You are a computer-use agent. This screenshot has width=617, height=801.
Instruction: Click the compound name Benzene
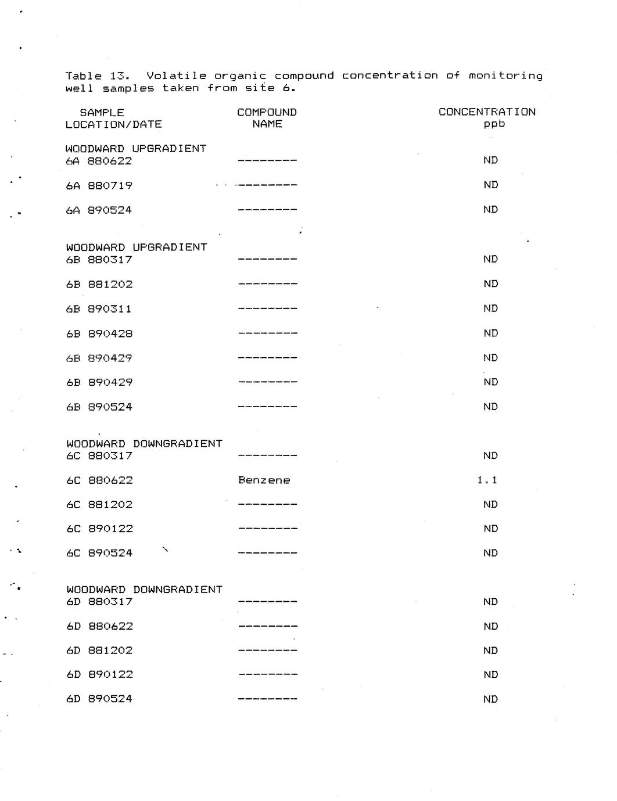tap(264, 480)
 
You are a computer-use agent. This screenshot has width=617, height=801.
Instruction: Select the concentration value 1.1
tap(487, 480)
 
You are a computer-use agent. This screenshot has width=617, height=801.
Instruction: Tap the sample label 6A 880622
tap(99, 161)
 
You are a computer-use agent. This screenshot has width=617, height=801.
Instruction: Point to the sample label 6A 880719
tap(99, 185)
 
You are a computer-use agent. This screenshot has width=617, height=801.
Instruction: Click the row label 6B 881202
tap(99, 284)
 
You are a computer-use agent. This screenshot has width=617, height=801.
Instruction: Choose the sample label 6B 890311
tap(99, 309)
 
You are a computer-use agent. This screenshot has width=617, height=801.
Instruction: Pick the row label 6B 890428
tap(99, 333)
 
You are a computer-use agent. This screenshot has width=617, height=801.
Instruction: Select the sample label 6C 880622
tap(99, 480)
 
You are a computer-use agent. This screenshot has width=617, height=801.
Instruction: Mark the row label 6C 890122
tap(99, 529)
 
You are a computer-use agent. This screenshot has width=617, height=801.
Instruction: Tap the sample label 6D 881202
tap(99, 651)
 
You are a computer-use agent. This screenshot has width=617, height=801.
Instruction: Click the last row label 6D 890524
tap(99, 699)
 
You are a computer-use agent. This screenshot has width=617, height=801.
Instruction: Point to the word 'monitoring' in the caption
tap(505, 76)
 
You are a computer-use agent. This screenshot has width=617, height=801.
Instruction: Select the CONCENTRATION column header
tap(487, 112)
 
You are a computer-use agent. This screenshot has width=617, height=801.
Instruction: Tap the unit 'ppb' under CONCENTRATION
tap(494, 124)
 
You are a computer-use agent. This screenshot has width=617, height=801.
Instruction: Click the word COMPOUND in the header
tap(267, 112)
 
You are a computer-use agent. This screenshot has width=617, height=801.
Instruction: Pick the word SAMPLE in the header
tap(102, 113)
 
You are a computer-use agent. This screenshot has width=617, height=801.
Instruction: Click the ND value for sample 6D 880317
tap(490, 602)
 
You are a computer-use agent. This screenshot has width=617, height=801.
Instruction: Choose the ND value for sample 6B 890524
tap(490, 407)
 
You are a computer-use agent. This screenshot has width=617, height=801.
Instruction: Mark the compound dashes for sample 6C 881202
tap(267, 505)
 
